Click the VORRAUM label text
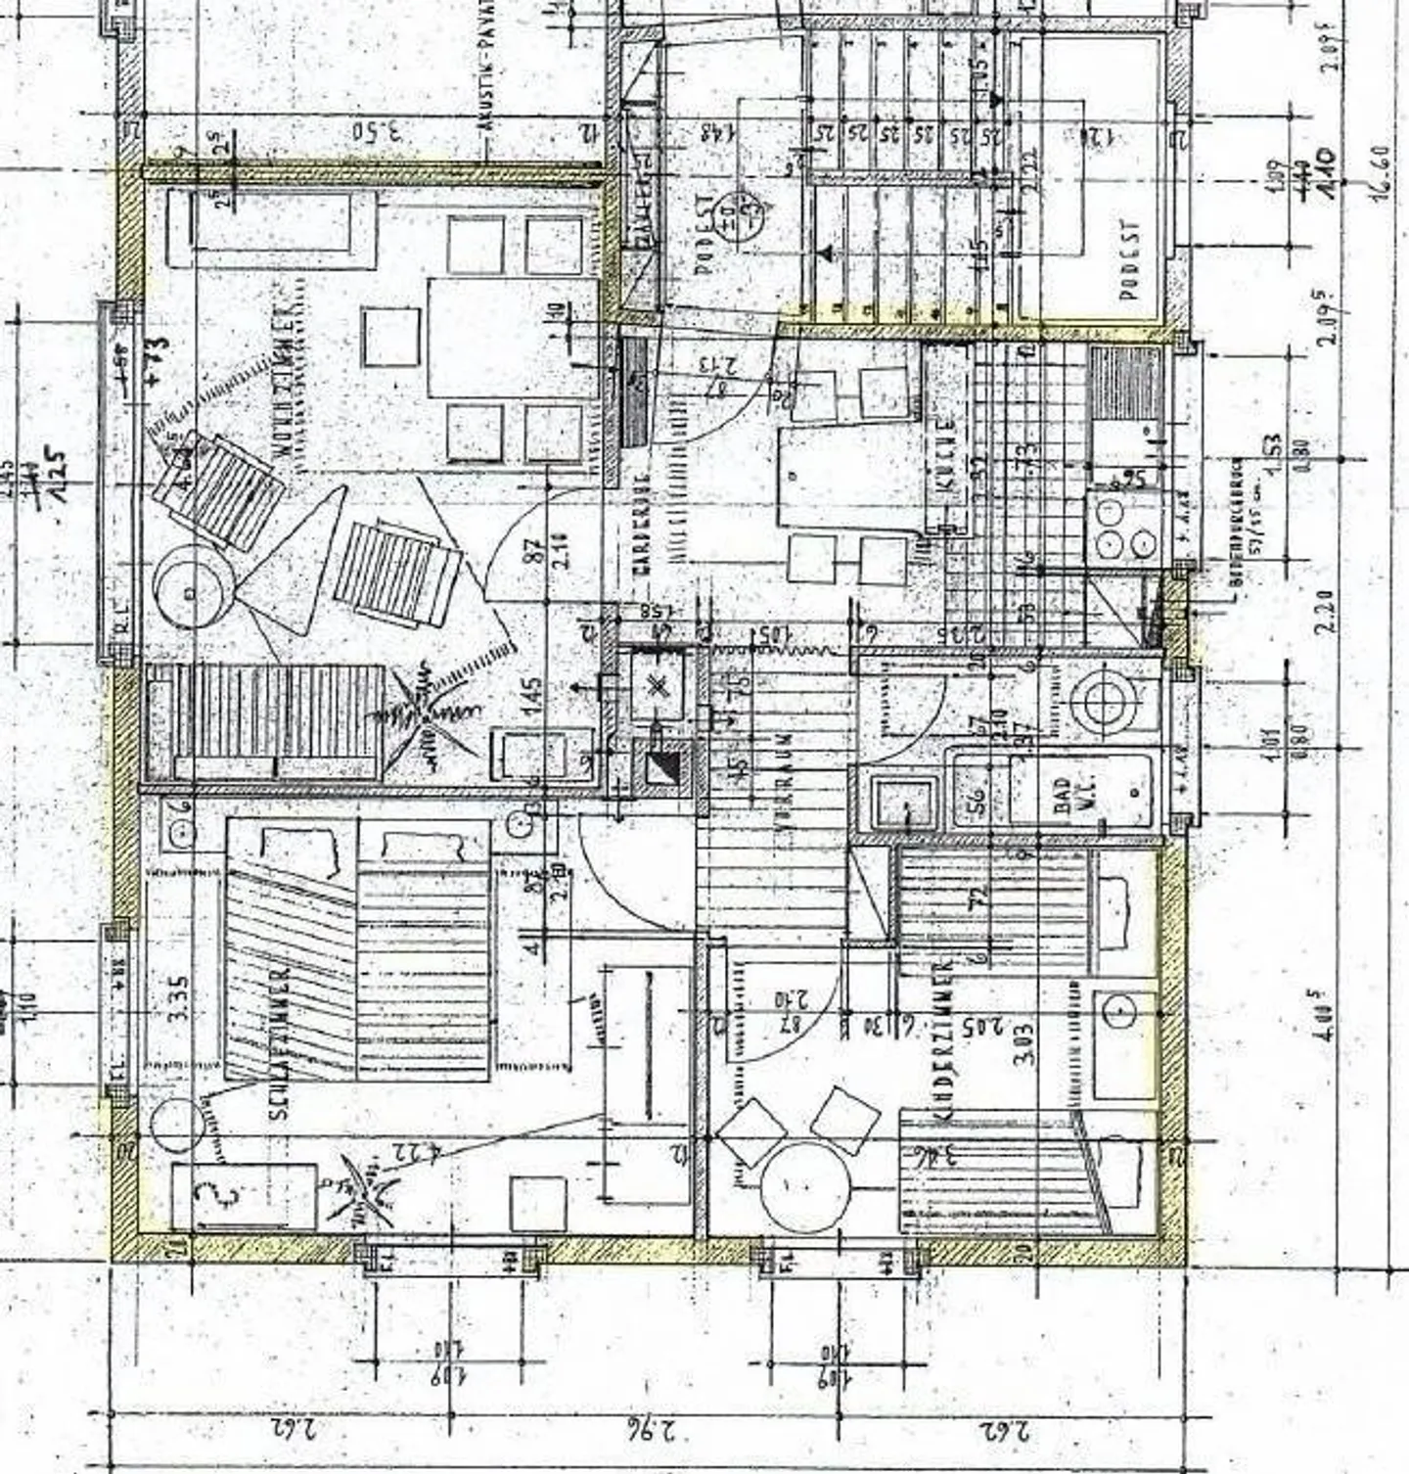(x=784, y=784)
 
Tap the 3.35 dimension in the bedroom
(x=177, y=998)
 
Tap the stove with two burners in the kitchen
(x=1121, y=528)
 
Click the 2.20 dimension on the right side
(x=1326, y=612)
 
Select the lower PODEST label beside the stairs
(x=1130, y=259)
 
